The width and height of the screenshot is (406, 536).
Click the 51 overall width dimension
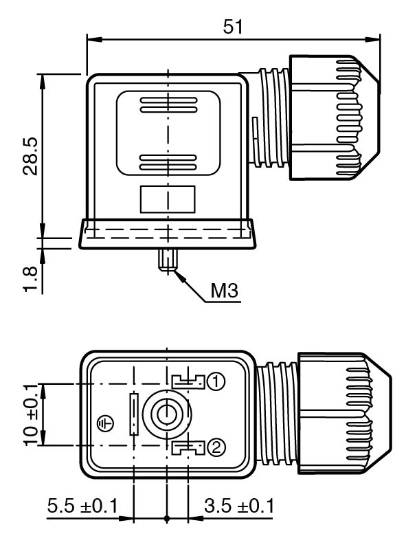[x=233, y=27]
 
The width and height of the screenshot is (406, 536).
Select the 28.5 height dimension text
[x=30, y=156]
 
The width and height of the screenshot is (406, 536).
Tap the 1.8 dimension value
[x=30, y=279]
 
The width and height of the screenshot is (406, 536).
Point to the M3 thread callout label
[x=224, y=291]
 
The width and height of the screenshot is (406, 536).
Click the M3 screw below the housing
[x=167, y=260]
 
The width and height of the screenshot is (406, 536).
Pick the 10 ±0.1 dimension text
[x=31, y=414]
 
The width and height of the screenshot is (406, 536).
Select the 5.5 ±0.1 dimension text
[x=82, y=506]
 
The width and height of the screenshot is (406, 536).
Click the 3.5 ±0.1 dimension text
[x=239, y=506]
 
